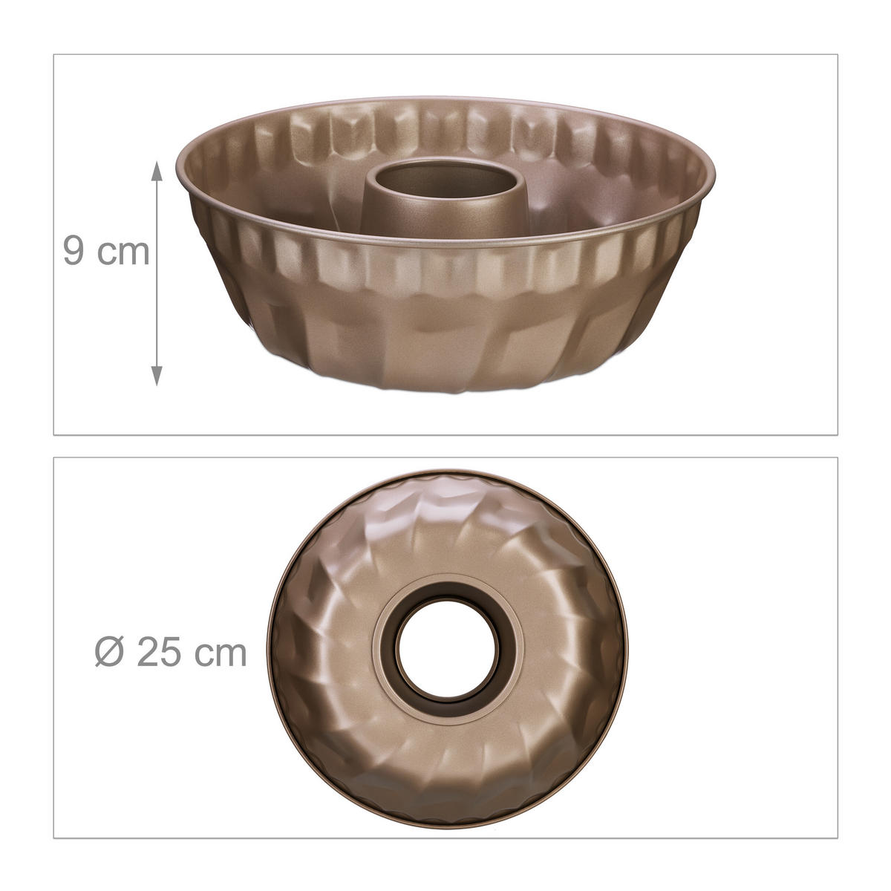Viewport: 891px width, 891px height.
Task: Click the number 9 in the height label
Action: [x=74, y=251]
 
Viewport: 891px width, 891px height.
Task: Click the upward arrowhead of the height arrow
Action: [x=156, y=172]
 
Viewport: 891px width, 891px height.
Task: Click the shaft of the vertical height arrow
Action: [x=156, y=275]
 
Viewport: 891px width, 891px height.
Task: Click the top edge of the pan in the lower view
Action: [x=446, y=471]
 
